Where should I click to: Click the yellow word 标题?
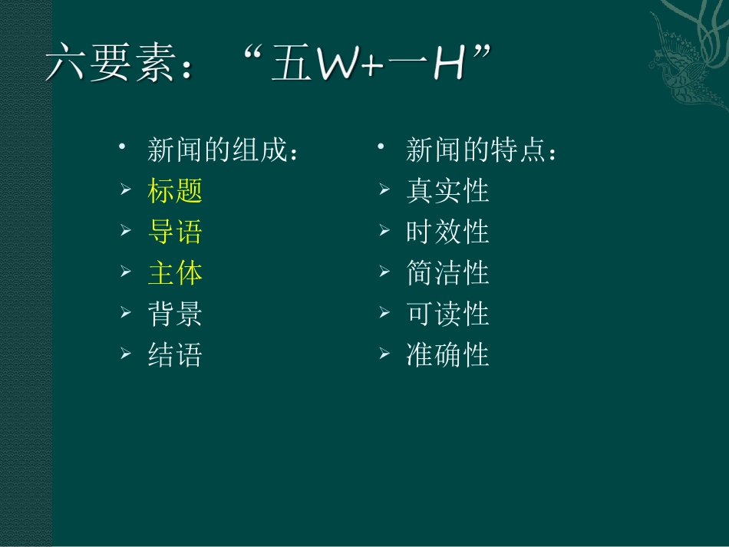(175, 191)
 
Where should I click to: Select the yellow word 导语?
(175, 232)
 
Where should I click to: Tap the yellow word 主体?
(175, 273)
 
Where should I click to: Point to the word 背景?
(175, 314)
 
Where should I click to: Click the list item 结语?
(175, 355)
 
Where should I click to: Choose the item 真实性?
(447, 191)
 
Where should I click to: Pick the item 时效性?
(447, 232)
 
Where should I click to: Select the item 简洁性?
(447, 273)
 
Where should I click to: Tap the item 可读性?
(447, 314)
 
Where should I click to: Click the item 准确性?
(447, 355)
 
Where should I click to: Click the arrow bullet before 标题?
(126, 189)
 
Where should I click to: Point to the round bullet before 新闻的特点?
(381, 145)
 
